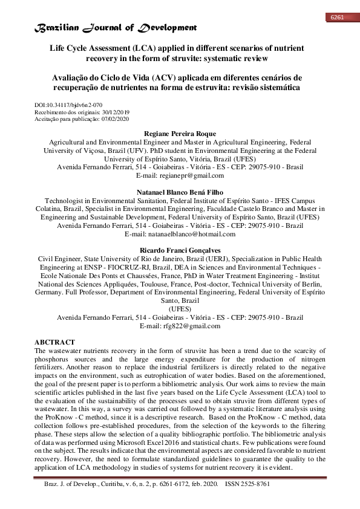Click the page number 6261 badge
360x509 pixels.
coord(337,17)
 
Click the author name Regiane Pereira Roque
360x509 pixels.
coord(180,133)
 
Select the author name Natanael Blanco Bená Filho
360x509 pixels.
coord(180,191)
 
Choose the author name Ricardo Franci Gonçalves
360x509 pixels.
coord(180,250)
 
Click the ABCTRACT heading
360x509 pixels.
coord(55,342)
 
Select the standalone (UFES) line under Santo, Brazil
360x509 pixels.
coord(180,308)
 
